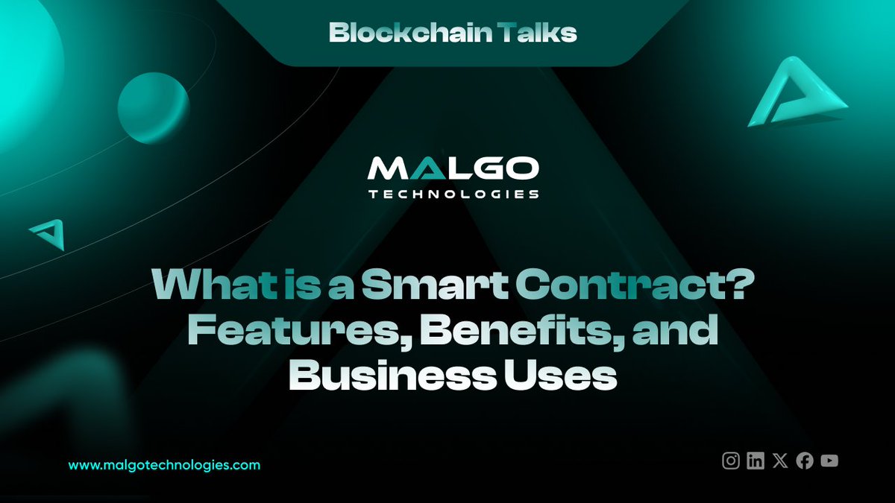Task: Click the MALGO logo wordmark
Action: pos(453,170)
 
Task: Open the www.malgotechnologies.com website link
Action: pos(164,464)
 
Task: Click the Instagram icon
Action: pos(731,461)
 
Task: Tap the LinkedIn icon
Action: pos(756,461)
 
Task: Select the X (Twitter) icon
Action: pos(780,461)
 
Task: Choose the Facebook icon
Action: pos(805,461)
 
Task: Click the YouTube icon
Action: pos(829,461)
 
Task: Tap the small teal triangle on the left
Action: pos(48,233)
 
